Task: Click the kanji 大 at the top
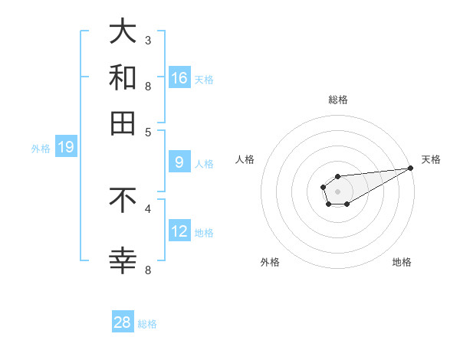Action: point(123,33)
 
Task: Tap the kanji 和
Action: point(123,78)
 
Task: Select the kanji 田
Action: point(123,123)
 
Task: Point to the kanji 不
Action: point(123,200)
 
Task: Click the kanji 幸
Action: point(123,261)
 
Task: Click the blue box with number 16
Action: point(179,77)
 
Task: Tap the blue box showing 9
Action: point(179,162)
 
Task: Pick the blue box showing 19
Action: point(66,147)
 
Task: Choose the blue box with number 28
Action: point(123,322)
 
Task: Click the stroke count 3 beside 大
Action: point(148,40)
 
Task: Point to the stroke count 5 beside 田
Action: point(148,131)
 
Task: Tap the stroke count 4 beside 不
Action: point(148,208)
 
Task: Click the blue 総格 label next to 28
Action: point(147,324)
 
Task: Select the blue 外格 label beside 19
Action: point(41,149)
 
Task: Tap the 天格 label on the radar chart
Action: point(431,159)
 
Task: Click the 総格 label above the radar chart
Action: point(337,100)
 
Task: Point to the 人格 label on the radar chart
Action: point(245,159)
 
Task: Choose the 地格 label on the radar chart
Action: point(402,262)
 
